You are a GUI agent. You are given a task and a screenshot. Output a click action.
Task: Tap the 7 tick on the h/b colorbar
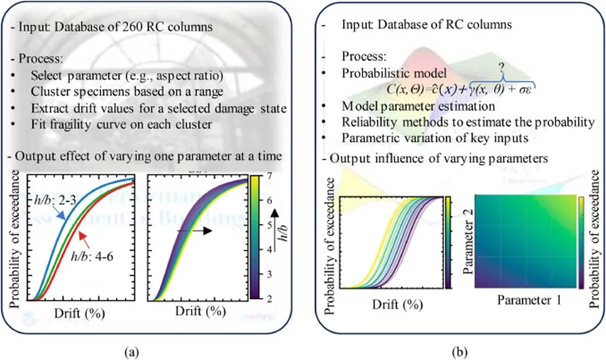tap(267, 175)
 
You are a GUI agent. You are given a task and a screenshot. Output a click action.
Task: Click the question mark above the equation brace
tap(501, 68)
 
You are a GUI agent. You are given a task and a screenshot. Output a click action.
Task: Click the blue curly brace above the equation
tap(501, 81)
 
